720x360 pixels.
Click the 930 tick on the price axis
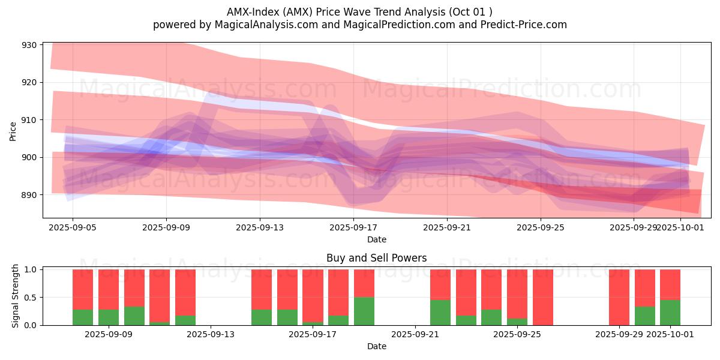point(29,45)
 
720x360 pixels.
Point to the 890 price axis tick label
point(29,195)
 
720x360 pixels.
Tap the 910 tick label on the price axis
point(29,120)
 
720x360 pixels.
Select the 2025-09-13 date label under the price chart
point(260,227)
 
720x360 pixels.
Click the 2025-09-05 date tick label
point(73,227)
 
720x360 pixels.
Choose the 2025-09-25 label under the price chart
point(541,227)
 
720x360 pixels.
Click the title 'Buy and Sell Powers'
point(377,258)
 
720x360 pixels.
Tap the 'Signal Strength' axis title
point(15,296)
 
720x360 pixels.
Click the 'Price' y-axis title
point(13,131)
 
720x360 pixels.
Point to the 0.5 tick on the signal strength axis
point(31,298)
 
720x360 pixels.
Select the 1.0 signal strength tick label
point(31,269)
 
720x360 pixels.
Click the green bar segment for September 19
point(364,311)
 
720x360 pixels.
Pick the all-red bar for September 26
point(543,298)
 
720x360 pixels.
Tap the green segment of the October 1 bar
point(670,313)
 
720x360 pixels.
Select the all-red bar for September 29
point(619,298)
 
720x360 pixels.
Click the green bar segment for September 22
point(440,313)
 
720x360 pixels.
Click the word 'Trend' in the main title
point(390,12)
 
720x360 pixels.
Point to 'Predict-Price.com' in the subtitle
point(524,25)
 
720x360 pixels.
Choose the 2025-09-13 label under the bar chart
point(211,334)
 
